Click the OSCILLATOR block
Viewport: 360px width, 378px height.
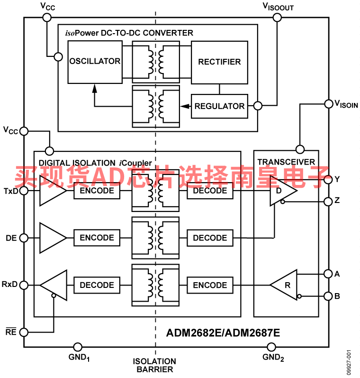95,62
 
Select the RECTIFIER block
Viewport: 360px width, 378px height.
219,62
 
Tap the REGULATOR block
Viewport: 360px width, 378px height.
219,106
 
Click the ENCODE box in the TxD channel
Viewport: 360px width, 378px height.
97,191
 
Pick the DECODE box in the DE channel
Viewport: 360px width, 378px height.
210,238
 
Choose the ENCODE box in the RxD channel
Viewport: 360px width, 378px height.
210,285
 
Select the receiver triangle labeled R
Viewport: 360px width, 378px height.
286,285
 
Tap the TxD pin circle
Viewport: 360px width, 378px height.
24,191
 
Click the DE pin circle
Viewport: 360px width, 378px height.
24,238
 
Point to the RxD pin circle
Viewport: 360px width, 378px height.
24,285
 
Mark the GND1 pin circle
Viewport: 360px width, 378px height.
78,347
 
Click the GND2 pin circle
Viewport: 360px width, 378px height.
271,347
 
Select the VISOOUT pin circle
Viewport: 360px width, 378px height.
277,18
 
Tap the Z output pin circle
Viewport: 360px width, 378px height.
328,202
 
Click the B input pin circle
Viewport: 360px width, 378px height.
328,296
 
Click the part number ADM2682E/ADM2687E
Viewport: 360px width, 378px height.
223,333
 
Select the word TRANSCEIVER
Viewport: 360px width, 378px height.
286,162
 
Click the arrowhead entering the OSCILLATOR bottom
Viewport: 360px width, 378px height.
95,88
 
